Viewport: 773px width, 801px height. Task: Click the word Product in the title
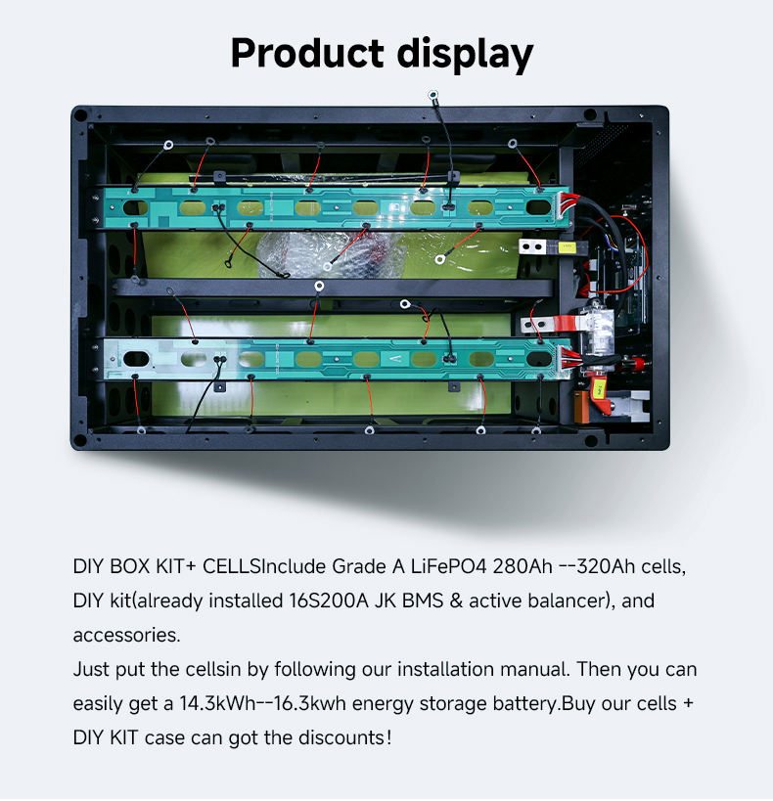[x=307, y=53]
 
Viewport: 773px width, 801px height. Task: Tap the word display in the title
[x=465, y=55]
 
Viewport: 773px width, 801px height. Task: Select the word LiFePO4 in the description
[x=448, y=566]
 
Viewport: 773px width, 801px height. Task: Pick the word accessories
[x=126, y=635]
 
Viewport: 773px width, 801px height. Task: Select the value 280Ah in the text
[x=523, y=566]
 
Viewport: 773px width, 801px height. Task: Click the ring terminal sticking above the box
[x=433, y=96]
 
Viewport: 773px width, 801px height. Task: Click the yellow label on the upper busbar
[x=568, y=247]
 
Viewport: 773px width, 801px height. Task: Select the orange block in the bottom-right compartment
[x=582, y=407]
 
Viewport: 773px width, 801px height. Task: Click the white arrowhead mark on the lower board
[x=396, y=359]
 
